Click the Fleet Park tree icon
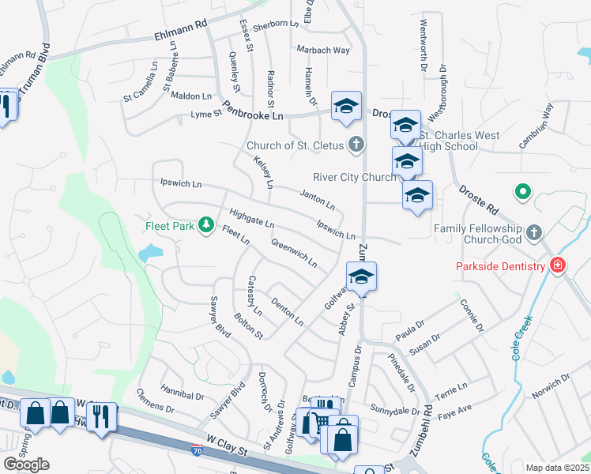[206, 226]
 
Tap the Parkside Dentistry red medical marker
[558, 265]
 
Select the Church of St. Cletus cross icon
[356, 145]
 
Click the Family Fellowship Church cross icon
[534, 232]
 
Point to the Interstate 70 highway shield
[197, 450]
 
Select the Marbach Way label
[322, 50]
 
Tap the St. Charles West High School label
[462, 141]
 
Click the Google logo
[26, 465]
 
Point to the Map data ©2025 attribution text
[558, 468]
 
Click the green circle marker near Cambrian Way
[521, 191]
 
